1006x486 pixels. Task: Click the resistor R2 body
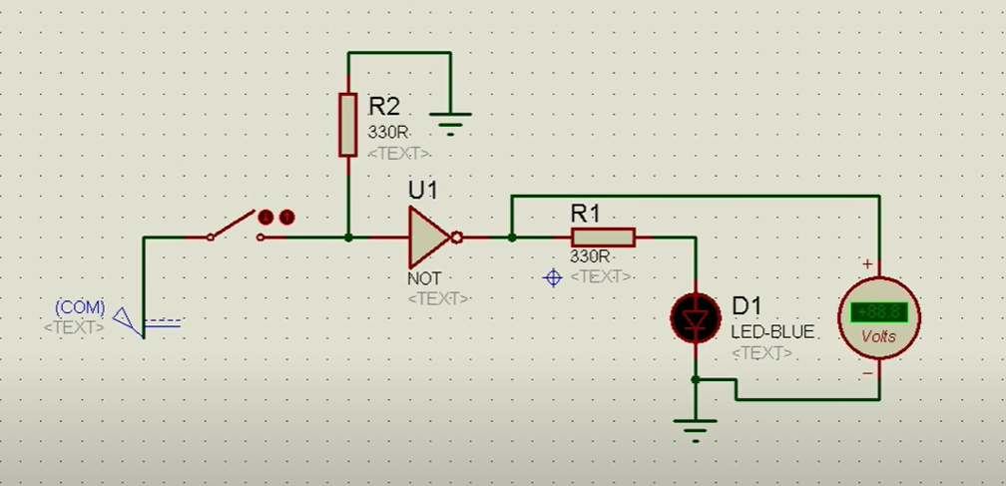click(347, 125)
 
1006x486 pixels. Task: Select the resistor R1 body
click(603, 238)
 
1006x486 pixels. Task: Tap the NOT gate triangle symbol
click(427, 238)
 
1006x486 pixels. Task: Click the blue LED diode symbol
click(695, 317)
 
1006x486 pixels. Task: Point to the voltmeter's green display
click(878, 312)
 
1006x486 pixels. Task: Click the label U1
click(422, 190)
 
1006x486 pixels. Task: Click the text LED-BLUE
click(772, 331)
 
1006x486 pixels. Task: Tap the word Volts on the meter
click(878, 336)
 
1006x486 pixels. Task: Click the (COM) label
click(80, 307)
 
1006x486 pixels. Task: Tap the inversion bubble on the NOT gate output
click(457, 238)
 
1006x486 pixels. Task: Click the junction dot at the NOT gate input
click(347, 238)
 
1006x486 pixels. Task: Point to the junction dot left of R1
click(511, 238)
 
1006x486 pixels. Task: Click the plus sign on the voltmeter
click(867, 264)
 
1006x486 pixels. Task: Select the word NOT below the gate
click(423, 277)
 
